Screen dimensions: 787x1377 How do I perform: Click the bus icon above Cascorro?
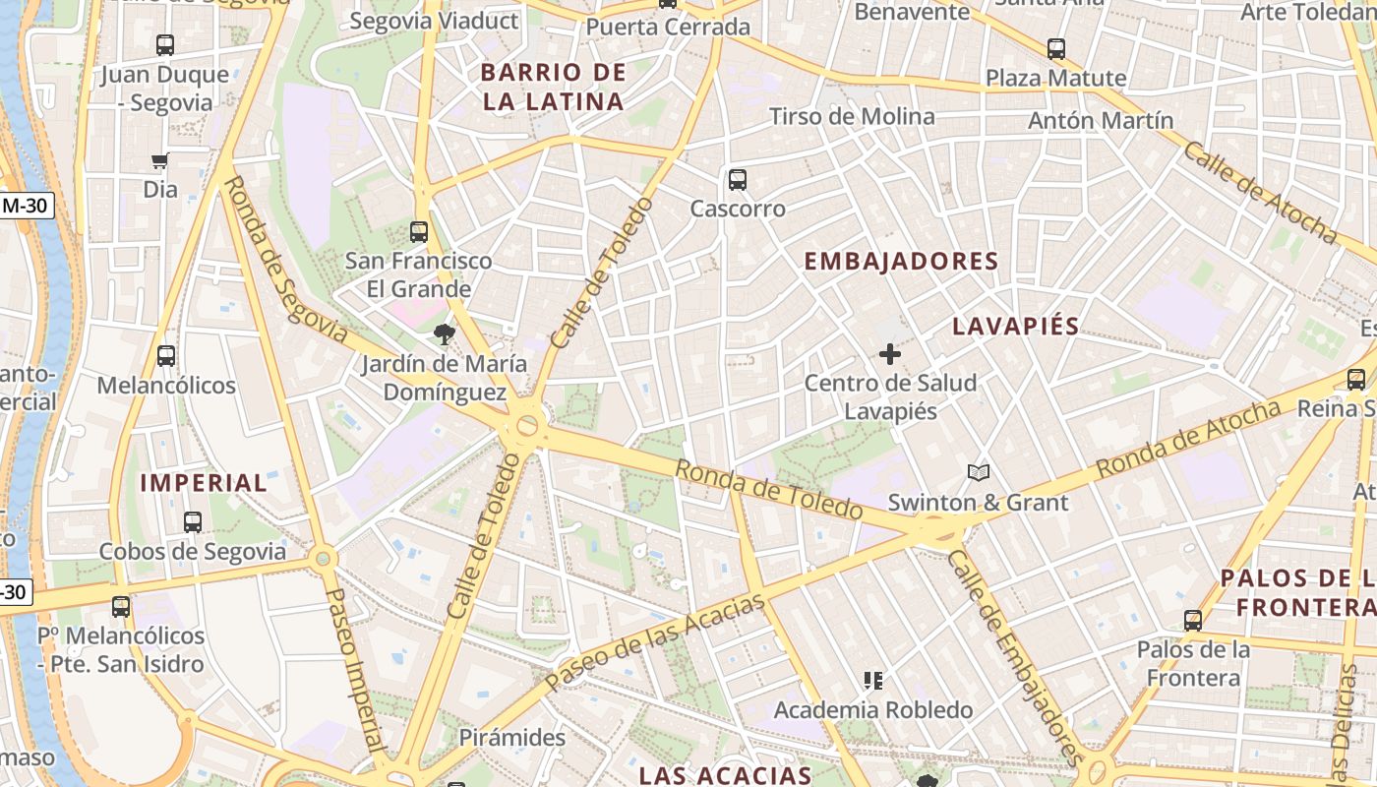click(x=738, y=180)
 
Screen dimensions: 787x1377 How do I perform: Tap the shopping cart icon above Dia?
click(x=160, y=160)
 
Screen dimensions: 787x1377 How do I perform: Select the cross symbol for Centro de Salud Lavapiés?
click(x=890, y=354)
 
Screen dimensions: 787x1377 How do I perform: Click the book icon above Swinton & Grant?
click(x=978, y=473)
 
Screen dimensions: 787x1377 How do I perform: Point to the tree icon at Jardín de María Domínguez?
click(x=444, y=334)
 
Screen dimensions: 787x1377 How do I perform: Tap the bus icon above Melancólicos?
click(x=166, y=356)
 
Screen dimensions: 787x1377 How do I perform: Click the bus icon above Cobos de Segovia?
click(x=193, y=522)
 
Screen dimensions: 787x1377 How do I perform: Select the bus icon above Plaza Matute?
click(x=1056, y=49)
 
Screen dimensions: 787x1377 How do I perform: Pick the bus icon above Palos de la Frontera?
click(x=1193, y=621)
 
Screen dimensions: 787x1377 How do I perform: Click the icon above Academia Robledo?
click(x=872, y=681)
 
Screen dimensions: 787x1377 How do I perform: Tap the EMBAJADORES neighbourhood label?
click(x=901, y=262)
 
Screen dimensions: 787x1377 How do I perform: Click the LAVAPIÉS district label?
click(x=1016, y=327)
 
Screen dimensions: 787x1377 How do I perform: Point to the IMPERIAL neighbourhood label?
click(x=204, y=483)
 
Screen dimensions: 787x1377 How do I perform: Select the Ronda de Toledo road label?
click(x=769, y=489)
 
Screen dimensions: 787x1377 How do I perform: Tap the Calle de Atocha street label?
click(x=1259, y=193)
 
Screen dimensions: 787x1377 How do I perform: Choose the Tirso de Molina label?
click(x=852, y=116)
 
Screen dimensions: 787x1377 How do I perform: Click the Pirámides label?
click(x=511, y=737)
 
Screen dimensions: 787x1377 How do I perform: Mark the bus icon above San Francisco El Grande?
click(x=419, y=232)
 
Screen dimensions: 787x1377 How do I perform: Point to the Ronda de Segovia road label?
click(x=285, y=260)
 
